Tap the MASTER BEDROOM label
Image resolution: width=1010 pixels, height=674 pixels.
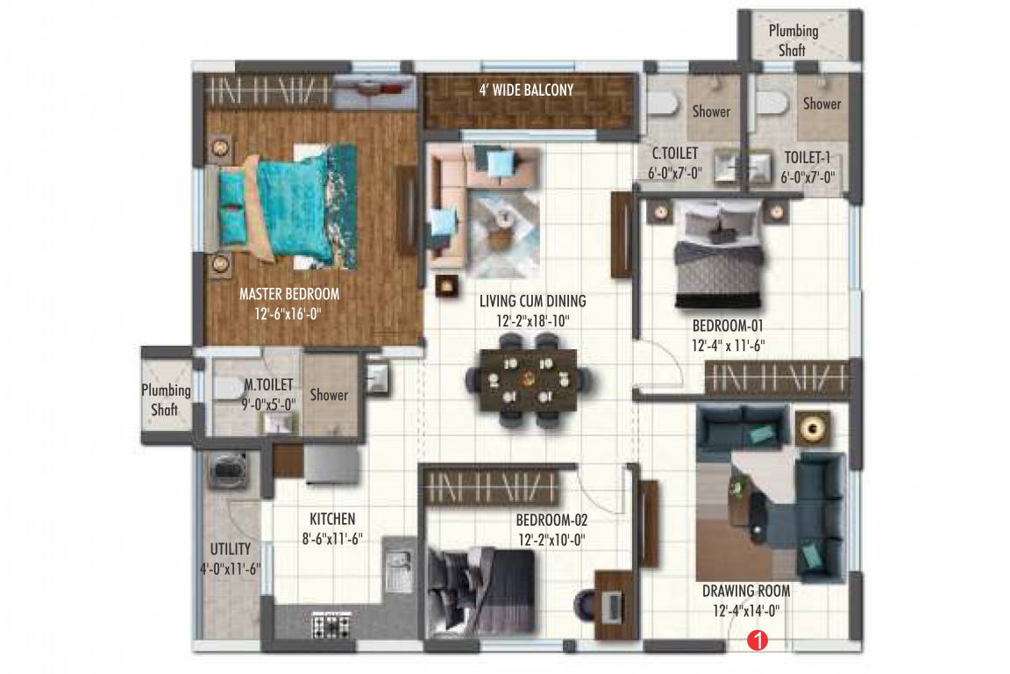[289, 294]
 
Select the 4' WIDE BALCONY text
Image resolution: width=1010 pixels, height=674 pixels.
[526, 90]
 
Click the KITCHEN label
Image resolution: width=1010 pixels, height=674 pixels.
[332, 519]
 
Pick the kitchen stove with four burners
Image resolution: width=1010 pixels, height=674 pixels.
[332, 626]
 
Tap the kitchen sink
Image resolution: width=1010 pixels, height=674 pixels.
[399, 568]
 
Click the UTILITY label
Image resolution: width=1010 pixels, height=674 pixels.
[231, 549]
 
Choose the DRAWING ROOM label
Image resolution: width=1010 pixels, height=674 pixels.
[746, 591]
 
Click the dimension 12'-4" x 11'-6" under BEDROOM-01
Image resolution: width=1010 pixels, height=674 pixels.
[729, 346]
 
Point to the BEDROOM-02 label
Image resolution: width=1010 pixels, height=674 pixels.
[551, 520]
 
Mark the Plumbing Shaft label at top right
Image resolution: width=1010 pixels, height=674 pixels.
[793, 40]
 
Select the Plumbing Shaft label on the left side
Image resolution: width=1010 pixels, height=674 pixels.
[166, 399]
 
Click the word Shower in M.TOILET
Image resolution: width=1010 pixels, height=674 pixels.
[329, 395]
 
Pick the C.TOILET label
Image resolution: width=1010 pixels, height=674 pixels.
[675, 154]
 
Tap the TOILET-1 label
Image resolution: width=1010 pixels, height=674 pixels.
[807, 159]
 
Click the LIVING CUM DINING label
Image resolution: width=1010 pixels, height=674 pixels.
[533, 301]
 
